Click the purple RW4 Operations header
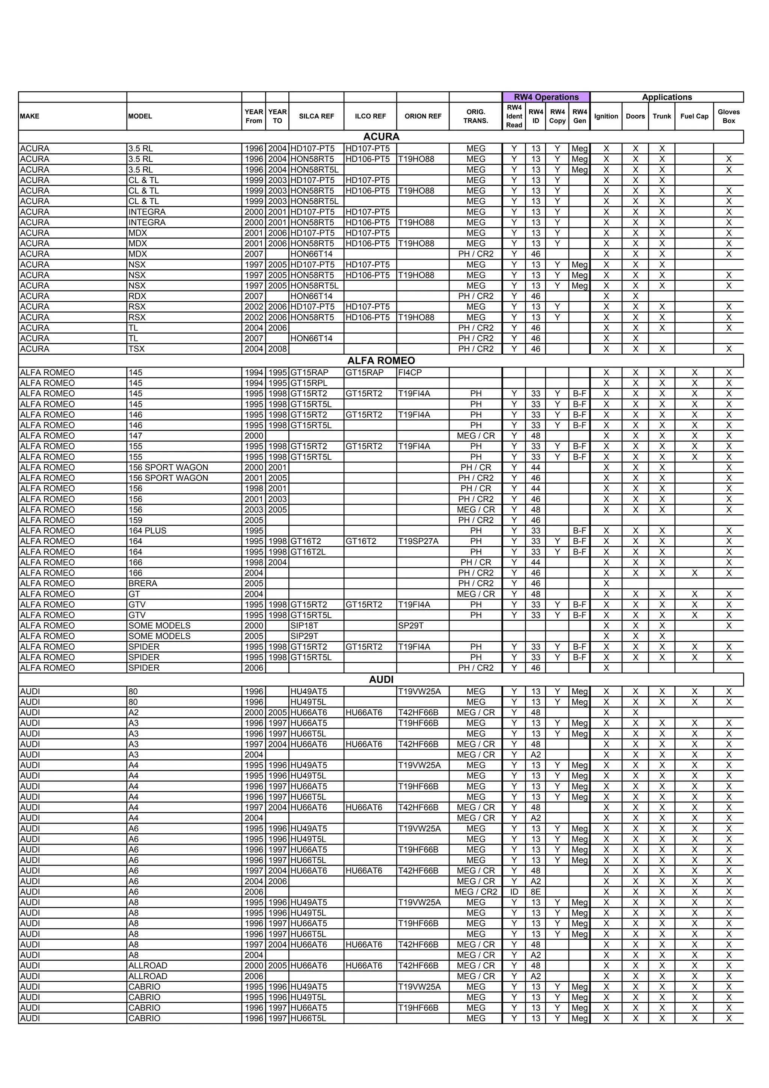click(546, 97)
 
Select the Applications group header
click(667, 97)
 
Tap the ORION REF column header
click(423, 116)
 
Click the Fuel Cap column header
click(694, 116)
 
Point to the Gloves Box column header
click(728, 116)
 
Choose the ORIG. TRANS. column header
click(475, 116)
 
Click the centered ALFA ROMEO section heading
click(381, 361)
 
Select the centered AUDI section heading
click(381, 680)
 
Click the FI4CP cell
click(410, 372)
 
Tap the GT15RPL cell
click(309, 383)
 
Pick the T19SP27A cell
click(418, 541)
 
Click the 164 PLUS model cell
click(147, 531)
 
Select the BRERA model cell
click(143, 583)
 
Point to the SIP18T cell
click(304, 626)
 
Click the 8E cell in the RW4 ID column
click(535, 892)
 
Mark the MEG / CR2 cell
click(475, 892)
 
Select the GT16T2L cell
click(308, 552)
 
